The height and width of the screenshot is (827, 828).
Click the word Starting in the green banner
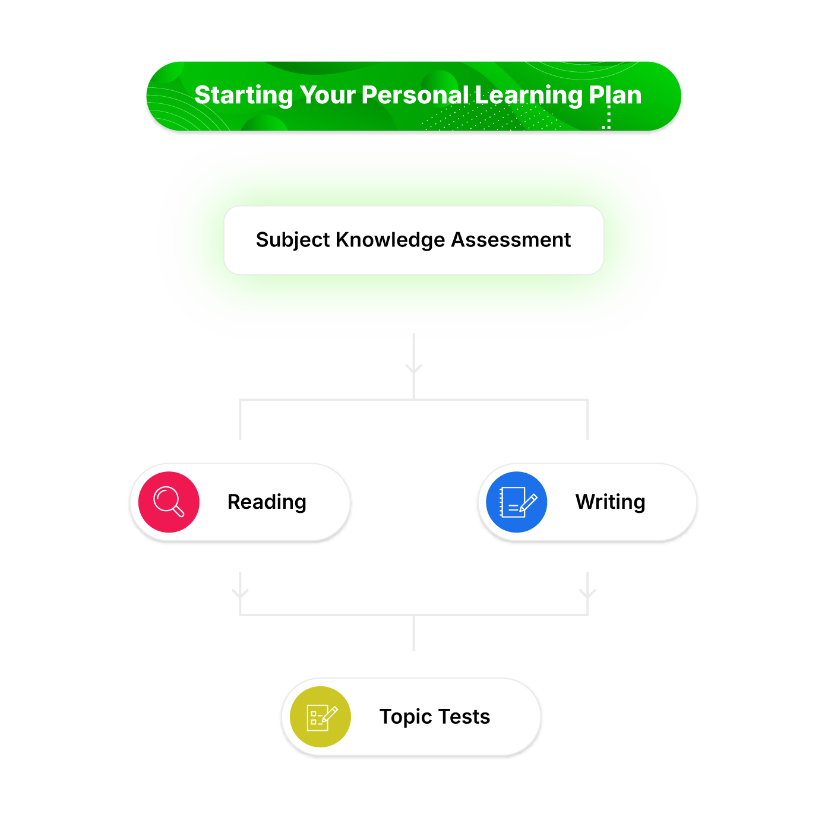[x=243, y=96]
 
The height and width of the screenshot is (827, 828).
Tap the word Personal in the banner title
[x=415, y=95]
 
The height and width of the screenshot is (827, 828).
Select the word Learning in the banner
[x=529, y=96]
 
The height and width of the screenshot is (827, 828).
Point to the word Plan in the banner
[x=615, y=95]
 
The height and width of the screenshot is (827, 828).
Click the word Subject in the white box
[x=293, y=240]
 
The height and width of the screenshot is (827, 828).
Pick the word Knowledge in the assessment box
[x=390, y=240]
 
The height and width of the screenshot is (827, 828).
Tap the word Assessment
[x=510, y=239]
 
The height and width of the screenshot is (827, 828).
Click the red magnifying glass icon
[x=169, y=501]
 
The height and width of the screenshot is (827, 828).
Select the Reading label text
[x=267, y=502]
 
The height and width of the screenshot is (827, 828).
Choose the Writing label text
[x=610, y=502]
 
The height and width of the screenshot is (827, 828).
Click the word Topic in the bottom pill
[x=406, y=717]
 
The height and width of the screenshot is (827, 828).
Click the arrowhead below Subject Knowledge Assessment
[x=413, y=369]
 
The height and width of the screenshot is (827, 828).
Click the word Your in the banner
[x=327, y=95]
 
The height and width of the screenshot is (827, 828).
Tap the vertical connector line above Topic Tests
[x=413, y=633]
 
